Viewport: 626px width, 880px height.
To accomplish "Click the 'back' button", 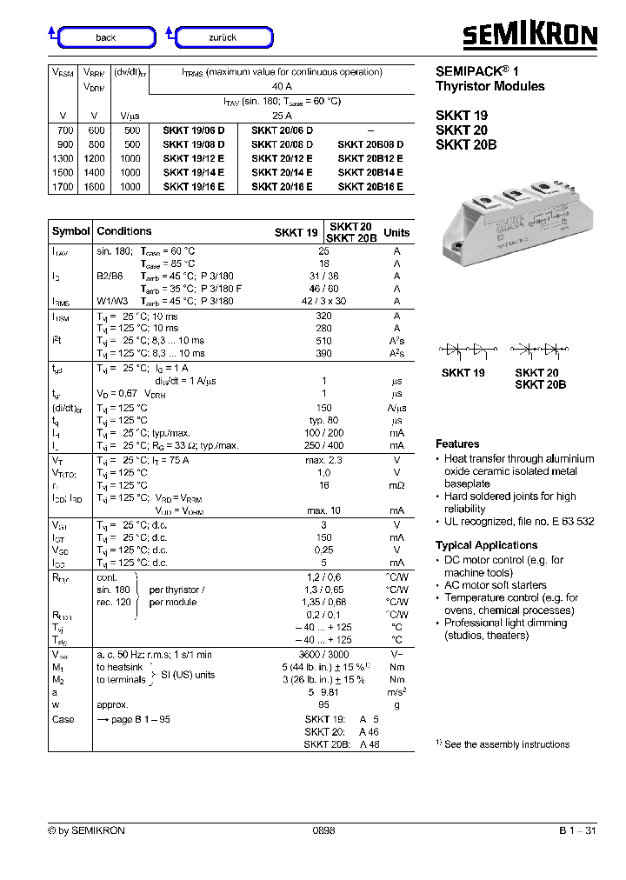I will (x=106, y=37).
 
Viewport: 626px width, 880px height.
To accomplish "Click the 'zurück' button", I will (x=223, y=37).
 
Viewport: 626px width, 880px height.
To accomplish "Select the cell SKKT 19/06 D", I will (x=194, y=130).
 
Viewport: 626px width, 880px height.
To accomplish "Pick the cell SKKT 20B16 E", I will (x=370, y=187).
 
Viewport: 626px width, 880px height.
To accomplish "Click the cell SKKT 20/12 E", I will (x=282, y=158).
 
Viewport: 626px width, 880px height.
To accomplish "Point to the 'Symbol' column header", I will (x=70, y=231).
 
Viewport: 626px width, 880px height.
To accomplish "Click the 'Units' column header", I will (x=396, y=232).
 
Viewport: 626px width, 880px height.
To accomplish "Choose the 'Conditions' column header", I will (x=124, y=231).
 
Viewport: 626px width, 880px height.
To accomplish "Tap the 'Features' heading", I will (x=457, y=443).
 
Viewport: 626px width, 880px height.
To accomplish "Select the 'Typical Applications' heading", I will (x=486, y=545).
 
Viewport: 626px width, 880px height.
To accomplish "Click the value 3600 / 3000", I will (x=323, y=655).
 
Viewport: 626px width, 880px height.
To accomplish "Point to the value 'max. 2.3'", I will (x=323, y=460).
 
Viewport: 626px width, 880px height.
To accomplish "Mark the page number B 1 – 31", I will (x=577, y=830).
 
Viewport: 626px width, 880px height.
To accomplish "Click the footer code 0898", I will (x=323, y=830).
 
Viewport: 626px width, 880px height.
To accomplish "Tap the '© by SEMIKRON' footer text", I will (x=86, y=830).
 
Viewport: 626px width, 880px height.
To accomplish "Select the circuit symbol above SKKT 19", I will (x=464, y=350).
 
